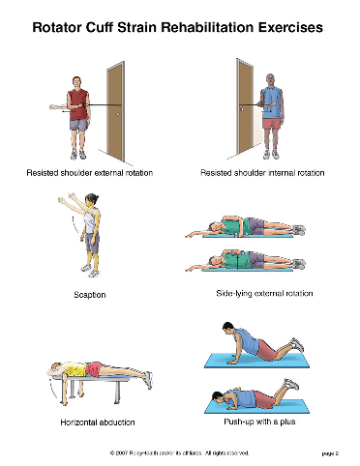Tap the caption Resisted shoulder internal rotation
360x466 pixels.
261,173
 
